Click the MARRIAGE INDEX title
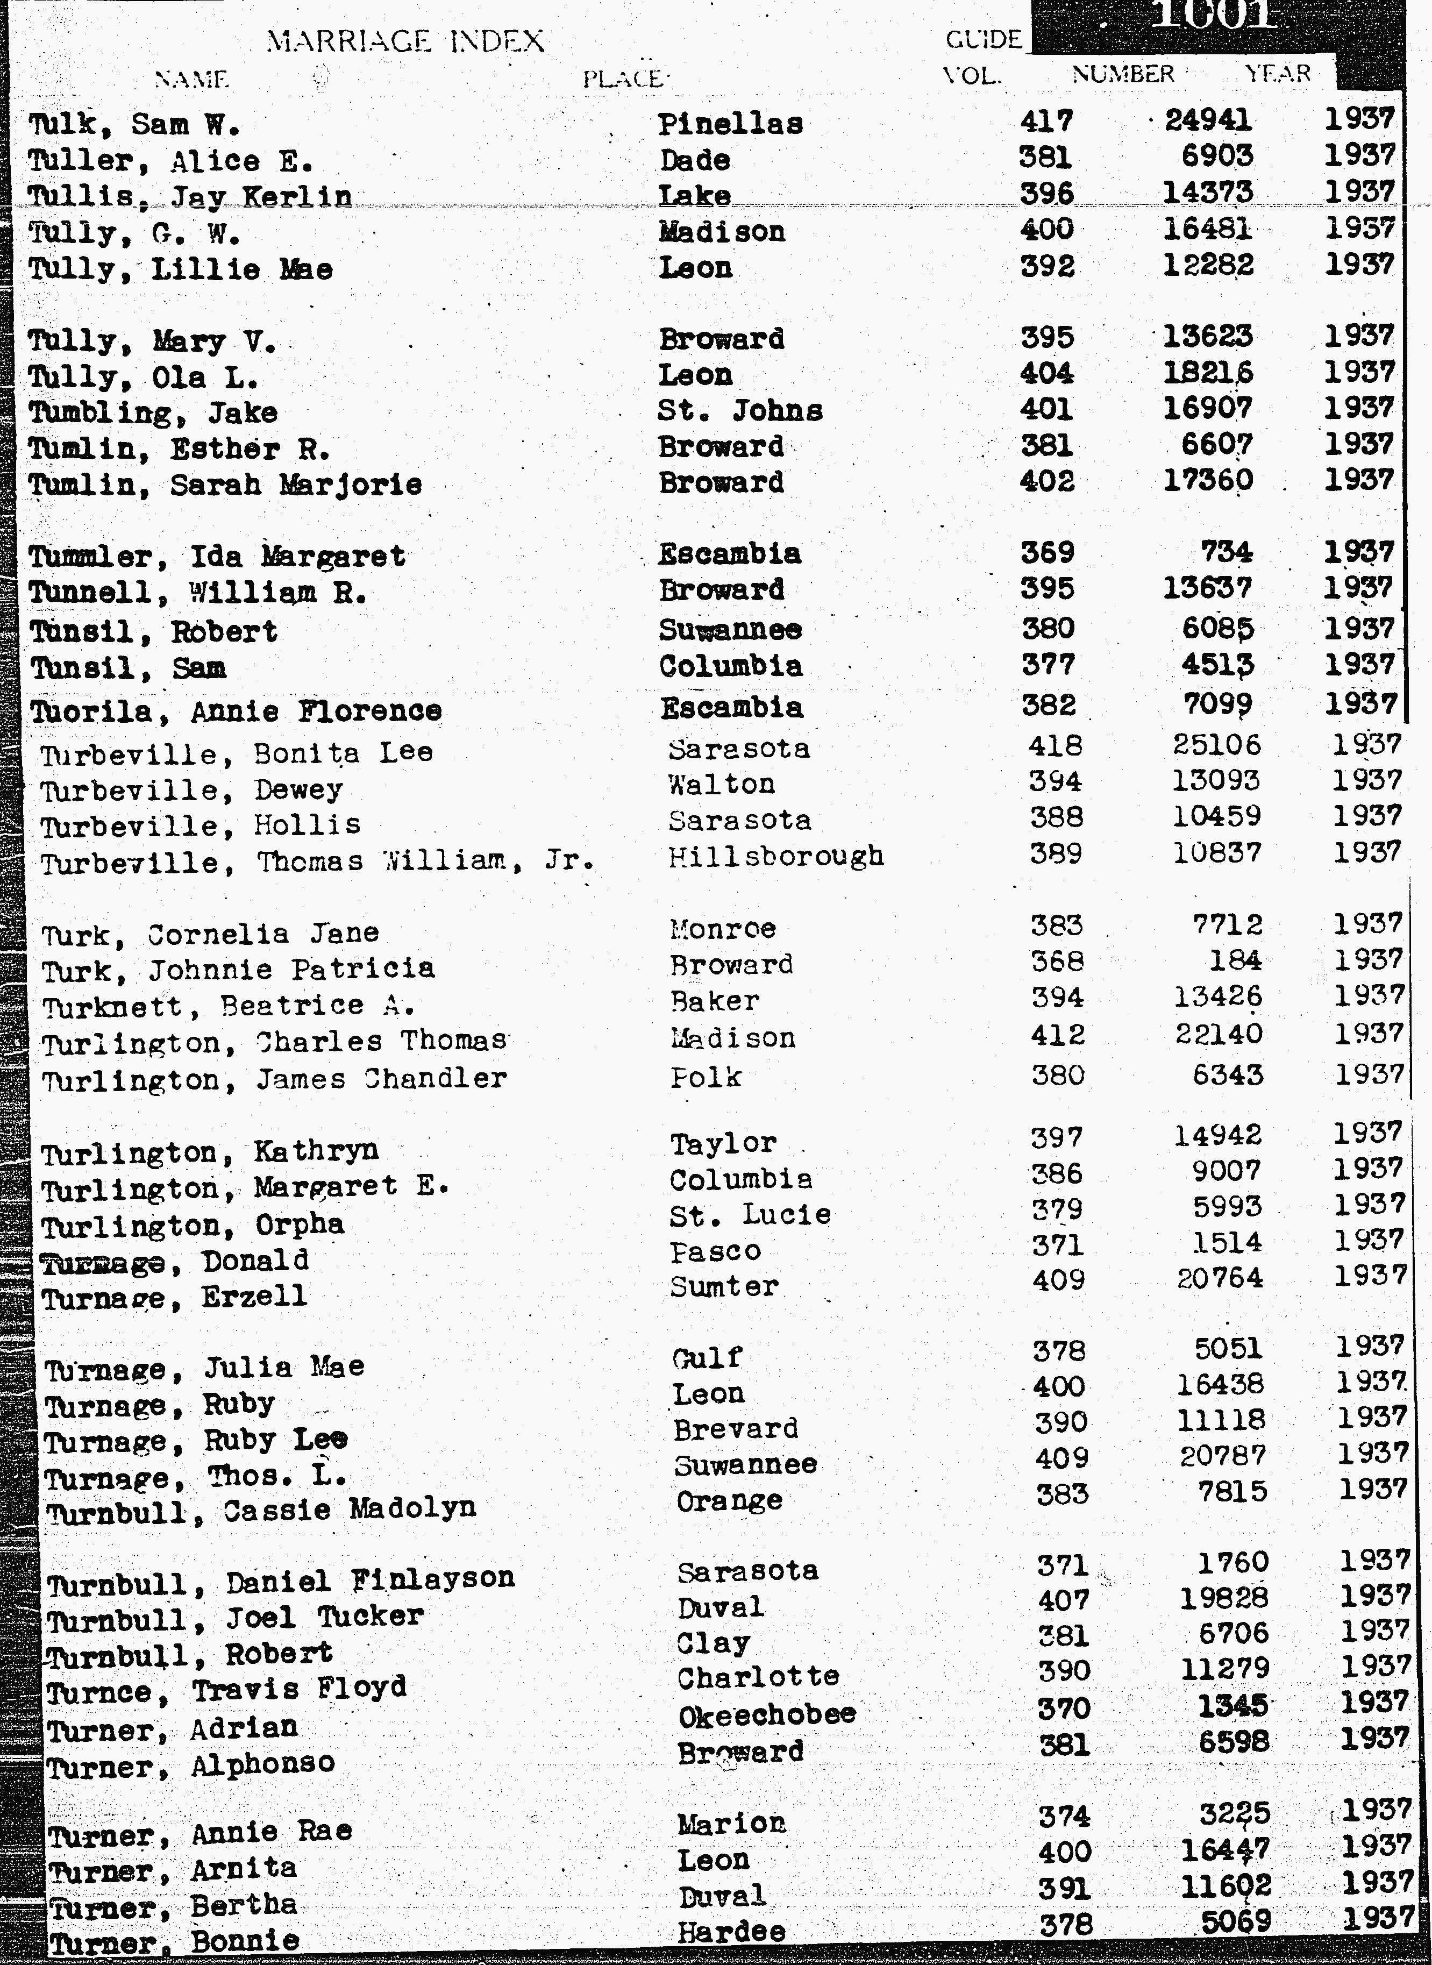405,41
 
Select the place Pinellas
730,124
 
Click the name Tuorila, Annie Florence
236,711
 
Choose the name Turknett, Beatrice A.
228,1006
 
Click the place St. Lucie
750,1214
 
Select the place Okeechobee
766,1714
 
